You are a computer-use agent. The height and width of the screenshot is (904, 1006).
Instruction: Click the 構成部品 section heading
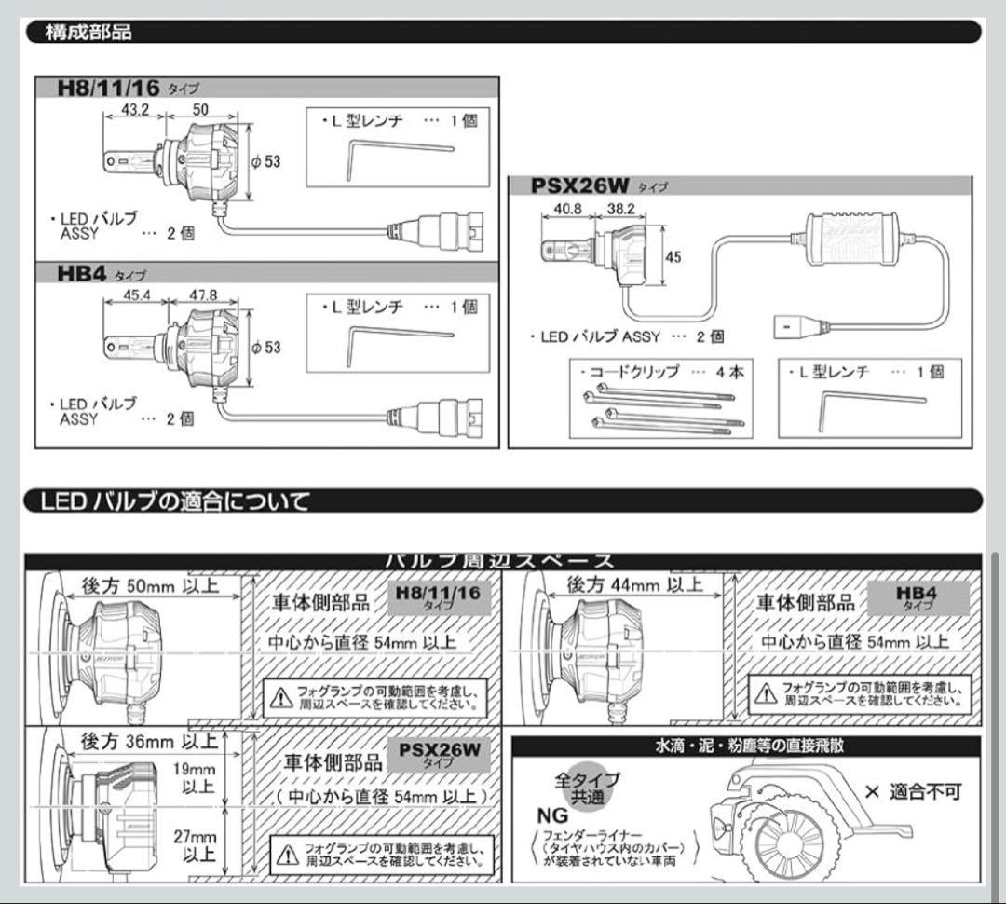pyautogui.click(x=89, y=33)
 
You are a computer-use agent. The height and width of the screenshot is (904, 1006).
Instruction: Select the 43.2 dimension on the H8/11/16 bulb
pyautogui.click(x=132, y=109)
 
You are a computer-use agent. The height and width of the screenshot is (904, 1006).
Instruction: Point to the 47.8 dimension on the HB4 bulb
pyautogui.click(x=203, y=295)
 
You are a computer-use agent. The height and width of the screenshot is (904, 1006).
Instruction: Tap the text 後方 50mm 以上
pyautogui.click(x=151, y=584)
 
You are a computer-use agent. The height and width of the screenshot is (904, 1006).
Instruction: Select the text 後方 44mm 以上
pyautogui.click(x=635, y=584)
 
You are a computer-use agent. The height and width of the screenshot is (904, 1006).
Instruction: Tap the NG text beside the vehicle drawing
pyautogui.click(x=551, y=815)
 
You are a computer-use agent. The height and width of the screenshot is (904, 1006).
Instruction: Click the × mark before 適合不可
pyautogui.click(x=872, y=792)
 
